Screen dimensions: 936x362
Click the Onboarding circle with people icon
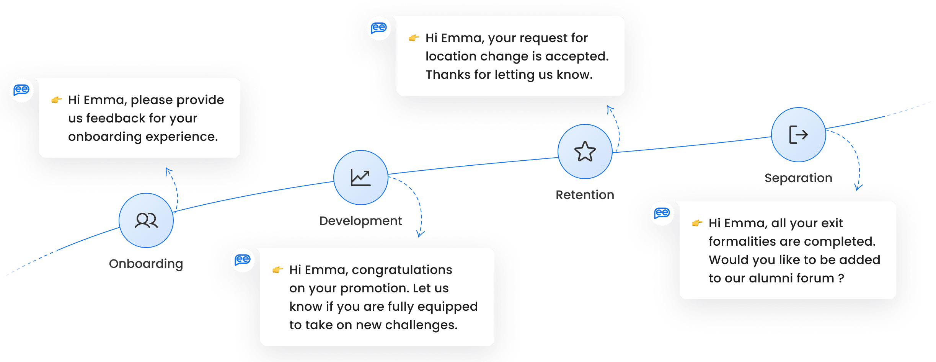click(146, 220)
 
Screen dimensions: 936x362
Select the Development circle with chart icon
click(361, 178)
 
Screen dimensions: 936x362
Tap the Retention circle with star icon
click(585, 152)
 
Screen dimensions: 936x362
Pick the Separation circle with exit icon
click(799, 135)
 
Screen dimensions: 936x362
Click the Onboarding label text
click(146, 264)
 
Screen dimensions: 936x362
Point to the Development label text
click(361, 221)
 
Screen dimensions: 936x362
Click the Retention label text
click(585, 195)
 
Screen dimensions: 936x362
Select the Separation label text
click(799, 178)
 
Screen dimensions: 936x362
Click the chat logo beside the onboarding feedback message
click(21, 90)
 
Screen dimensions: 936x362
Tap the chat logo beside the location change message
click(379, 28)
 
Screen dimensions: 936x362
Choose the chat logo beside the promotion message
click(243, 260)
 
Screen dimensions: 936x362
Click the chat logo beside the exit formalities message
click(662, 213)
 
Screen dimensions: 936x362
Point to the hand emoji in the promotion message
click(278, 270)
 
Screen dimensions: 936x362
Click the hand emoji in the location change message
click(414, 38)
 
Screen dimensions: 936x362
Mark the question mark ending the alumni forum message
click(841, 278)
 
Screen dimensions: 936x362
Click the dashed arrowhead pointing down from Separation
click(858, 187)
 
